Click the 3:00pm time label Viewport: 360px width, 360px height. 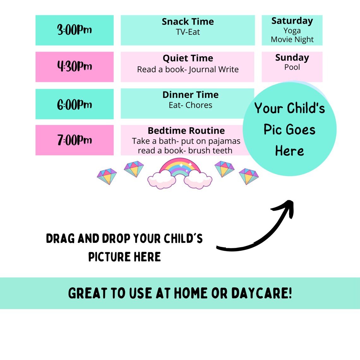point(75,30)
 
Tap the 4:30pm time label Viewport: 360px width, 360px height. point(75,67)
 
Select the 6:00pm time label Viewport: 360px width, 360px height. point(75,105)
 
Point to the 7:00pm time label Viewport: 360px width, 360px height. point(75,140)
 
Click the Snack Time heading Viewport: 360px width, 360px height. point(188,22)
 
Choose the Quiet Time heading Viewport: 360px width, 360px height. point(188,58)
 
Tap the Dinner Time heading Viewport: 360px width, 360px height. point(190,95)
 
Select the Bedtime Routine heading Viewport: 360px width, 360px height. point(186,131)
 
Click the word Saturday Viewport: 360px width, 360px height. point(292,21)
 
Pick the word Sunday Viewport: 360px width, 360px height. point(292,58)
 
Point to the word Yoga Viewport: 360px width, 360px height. point(292,31)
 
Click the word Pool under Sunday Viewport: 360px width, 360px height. point(292,67)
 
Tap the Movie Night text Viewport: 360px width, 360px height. point(292,39)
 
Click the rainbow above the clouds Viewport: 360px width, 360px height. point(180,167)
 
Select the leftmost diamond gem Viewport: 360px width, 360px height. point(107,177)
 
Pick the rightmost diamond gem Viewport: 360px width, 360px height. point(249,177)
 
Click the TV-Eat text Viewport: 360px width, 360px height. point(188,32)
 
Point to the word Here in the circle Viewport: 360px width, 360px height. point(289,151)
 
